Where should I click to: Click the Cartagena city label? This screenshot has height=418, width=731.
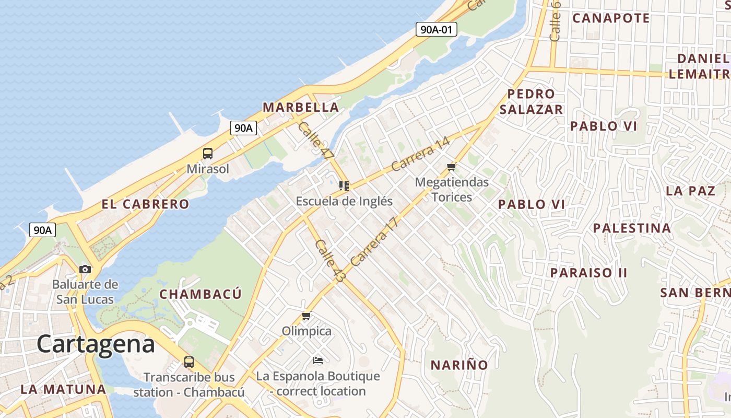coord(96,344)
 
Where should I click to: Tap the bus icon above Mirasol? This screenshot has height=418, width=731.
coord(208,154)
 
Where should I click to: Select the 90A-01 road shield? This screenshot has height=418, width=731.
coord(437,29)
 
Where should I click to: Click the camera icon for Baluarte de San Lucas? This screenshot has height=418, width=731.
coord(85,270)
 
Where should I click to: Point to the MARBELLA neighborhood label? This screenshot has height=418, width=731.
coord(301,108)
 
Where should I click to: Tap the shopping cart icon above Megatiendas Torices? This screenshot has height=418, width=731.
coord(452,167)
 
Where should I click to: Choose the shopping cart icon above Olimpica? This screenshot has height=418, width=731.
coord(306,316)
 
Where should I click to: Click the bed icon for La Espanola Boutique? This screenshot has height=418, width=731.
coord(318,361)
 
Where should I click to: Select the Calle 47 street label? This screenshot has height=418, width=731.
coord(315,140)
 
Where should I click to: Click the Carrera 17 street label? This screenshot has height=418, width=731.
coord(375,241)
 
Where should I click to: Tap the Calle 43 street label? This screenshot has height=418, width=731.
coord(330,261)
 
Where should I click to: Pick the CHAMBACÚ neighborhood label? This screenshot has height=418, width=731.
coord(201,294)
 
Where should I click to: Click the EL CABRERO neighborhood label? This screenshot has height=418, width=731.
coord(145,204)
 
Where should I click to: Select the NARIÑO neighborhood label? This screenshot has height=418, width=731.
coord(459,365)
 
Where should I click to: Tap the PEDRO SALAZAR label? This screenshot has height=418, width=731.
coord(531,101)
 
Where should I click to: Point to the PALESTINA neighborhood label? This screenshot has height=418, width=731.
coord(632,228)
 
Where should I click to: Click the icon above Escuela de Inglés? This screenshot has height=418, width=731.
coord(344,186)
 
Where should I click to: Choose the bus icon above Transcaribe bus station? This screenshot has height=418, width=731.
coord(189,362)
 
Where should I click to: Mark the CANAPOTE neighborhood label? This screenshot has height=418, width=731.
coord(611,18)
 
